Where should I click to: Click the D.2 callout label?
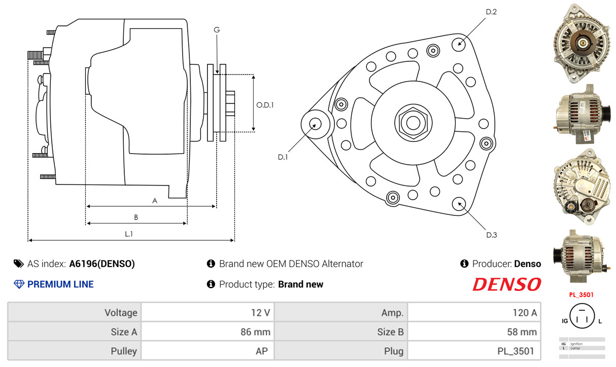[x=491, y=12]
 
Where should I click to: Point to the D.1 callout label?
[x=283, y=157]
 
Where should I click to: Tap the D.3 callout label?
[x=491, y=235]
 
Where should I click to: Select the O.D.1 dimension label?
[x=265, y=105]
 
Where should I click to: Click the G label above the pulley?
[x=217, y=30]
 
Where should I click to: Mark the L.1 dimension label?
[x=129, y=234]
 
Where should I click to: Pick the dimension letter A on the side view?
[x=155, y=201]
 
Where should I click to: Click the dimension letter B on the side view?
[x=136, y=217]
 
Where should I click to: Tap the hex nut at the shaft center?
[x=413, y=123]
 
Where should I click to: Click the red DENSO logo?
[x=507, y=284]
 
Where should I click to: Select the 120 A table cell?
[x=474, y=312]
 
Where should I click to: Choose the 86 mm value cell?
[x=208, y=332]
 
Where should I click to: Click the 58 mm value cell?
[x=474, y=332]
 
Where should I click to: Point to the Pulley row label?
[x=124, y=351]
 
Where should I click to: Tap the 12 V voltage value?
[x=260, y=313]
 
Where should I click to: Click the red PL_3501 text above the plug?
[x=581, y=295]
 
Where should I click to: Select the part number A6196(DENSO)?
[x=102, y=264]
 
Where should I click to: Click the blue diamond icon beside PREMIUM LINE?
[x=19, y=284]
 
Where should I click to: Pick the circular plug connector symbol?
[x=582, y=316]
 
